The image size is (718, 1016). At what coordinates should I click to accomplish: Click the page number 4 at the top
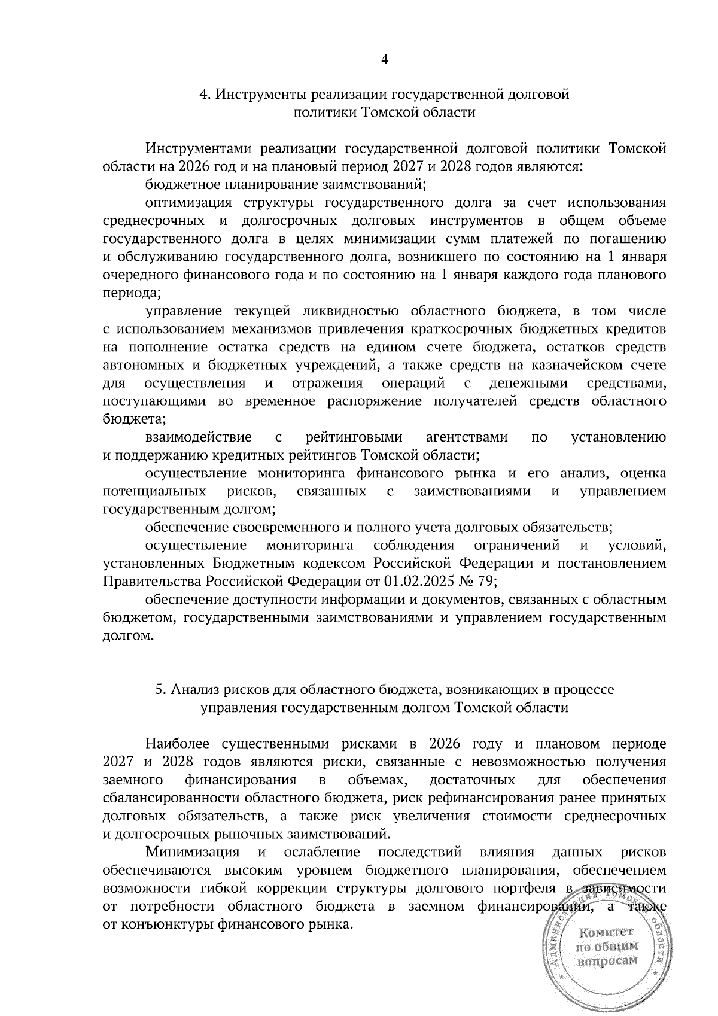click(385, 59)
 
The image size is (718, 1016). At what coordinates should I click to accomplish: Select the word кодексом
click(339, 564)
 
